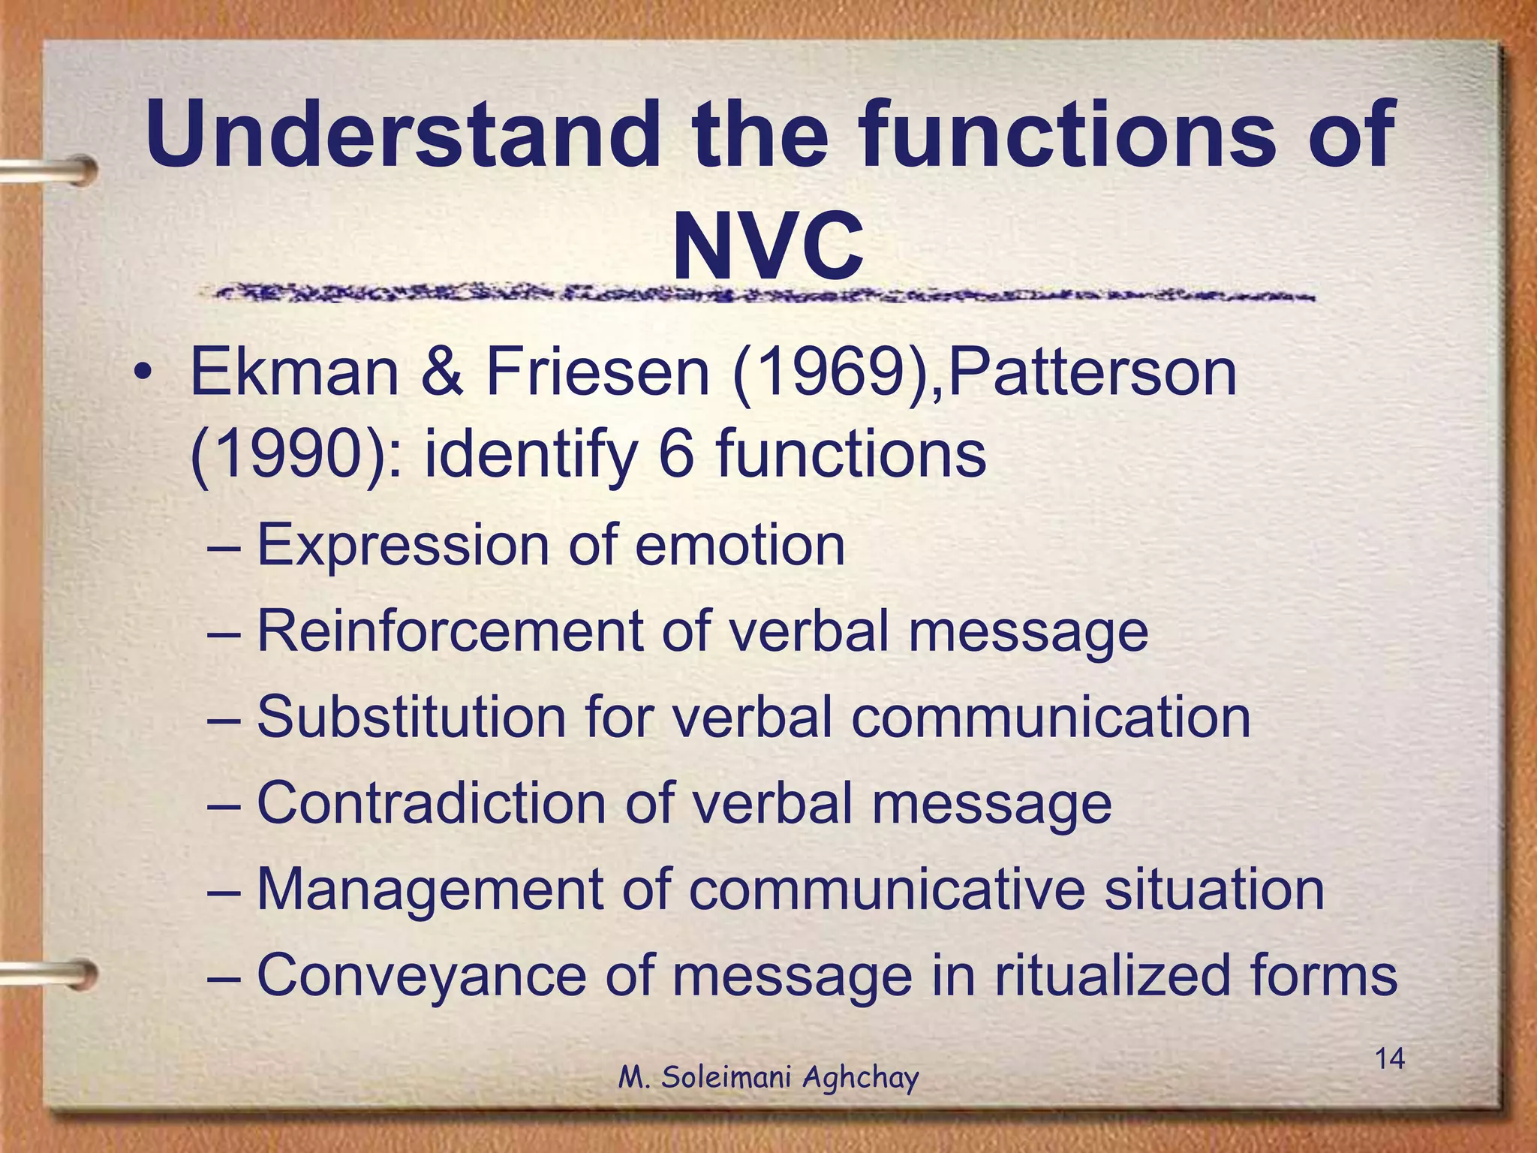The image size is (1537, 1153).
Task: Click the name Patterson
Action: [1091, 373]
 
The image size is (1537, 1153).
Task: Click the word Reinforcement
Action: [449, 631]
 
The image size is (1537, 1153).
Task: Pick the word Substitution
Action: [411, 717]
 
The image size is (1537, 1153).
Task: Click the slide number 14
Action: [1389, 1059]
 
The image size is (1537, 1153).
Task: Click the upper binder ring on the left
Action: [53, 170]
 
